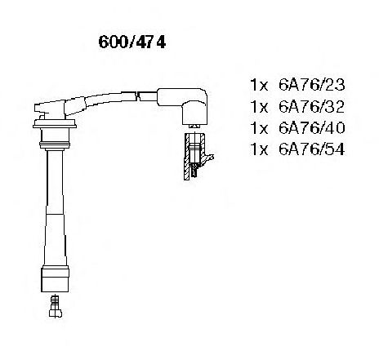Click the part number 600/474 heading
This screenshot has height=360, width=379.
click(132, 42)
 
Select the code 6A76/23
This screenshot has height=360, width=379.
click(311, 85)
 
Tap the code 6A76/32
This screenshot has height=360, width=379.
click(311, 106)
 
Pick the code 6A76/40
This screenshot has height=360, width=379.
click(311, 127)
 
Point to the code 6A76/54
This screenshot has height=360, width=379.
click(311, 149)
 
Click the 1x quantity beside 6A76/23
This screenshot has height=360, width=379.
click(259, 85)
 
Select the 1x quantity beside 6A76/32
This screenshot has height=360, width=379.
click(259, 106)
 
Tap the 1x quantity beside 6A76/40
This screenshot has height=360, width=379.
click(259, 128)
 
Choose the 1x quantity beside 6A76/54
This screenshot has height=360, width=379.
click(259, 149)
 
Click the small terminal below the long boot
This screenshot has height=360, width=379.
click(56, 306)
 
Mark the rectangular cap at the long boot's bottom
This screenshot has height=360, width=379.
click(55, 280)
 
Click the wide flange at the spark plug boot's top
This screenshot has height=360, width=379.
click(55, 123)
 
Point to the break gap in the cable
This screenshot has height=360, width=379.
click(137, 96)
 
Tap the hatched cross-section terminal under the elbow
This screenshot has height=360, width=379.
click(194, 157)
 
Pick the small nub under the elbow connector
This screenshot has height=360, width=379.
click(194, 127)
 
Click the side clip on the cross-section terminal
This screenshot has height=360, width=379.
click(208, 158)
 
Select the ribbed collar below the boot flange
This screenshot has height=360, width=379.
click(55, 145)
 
